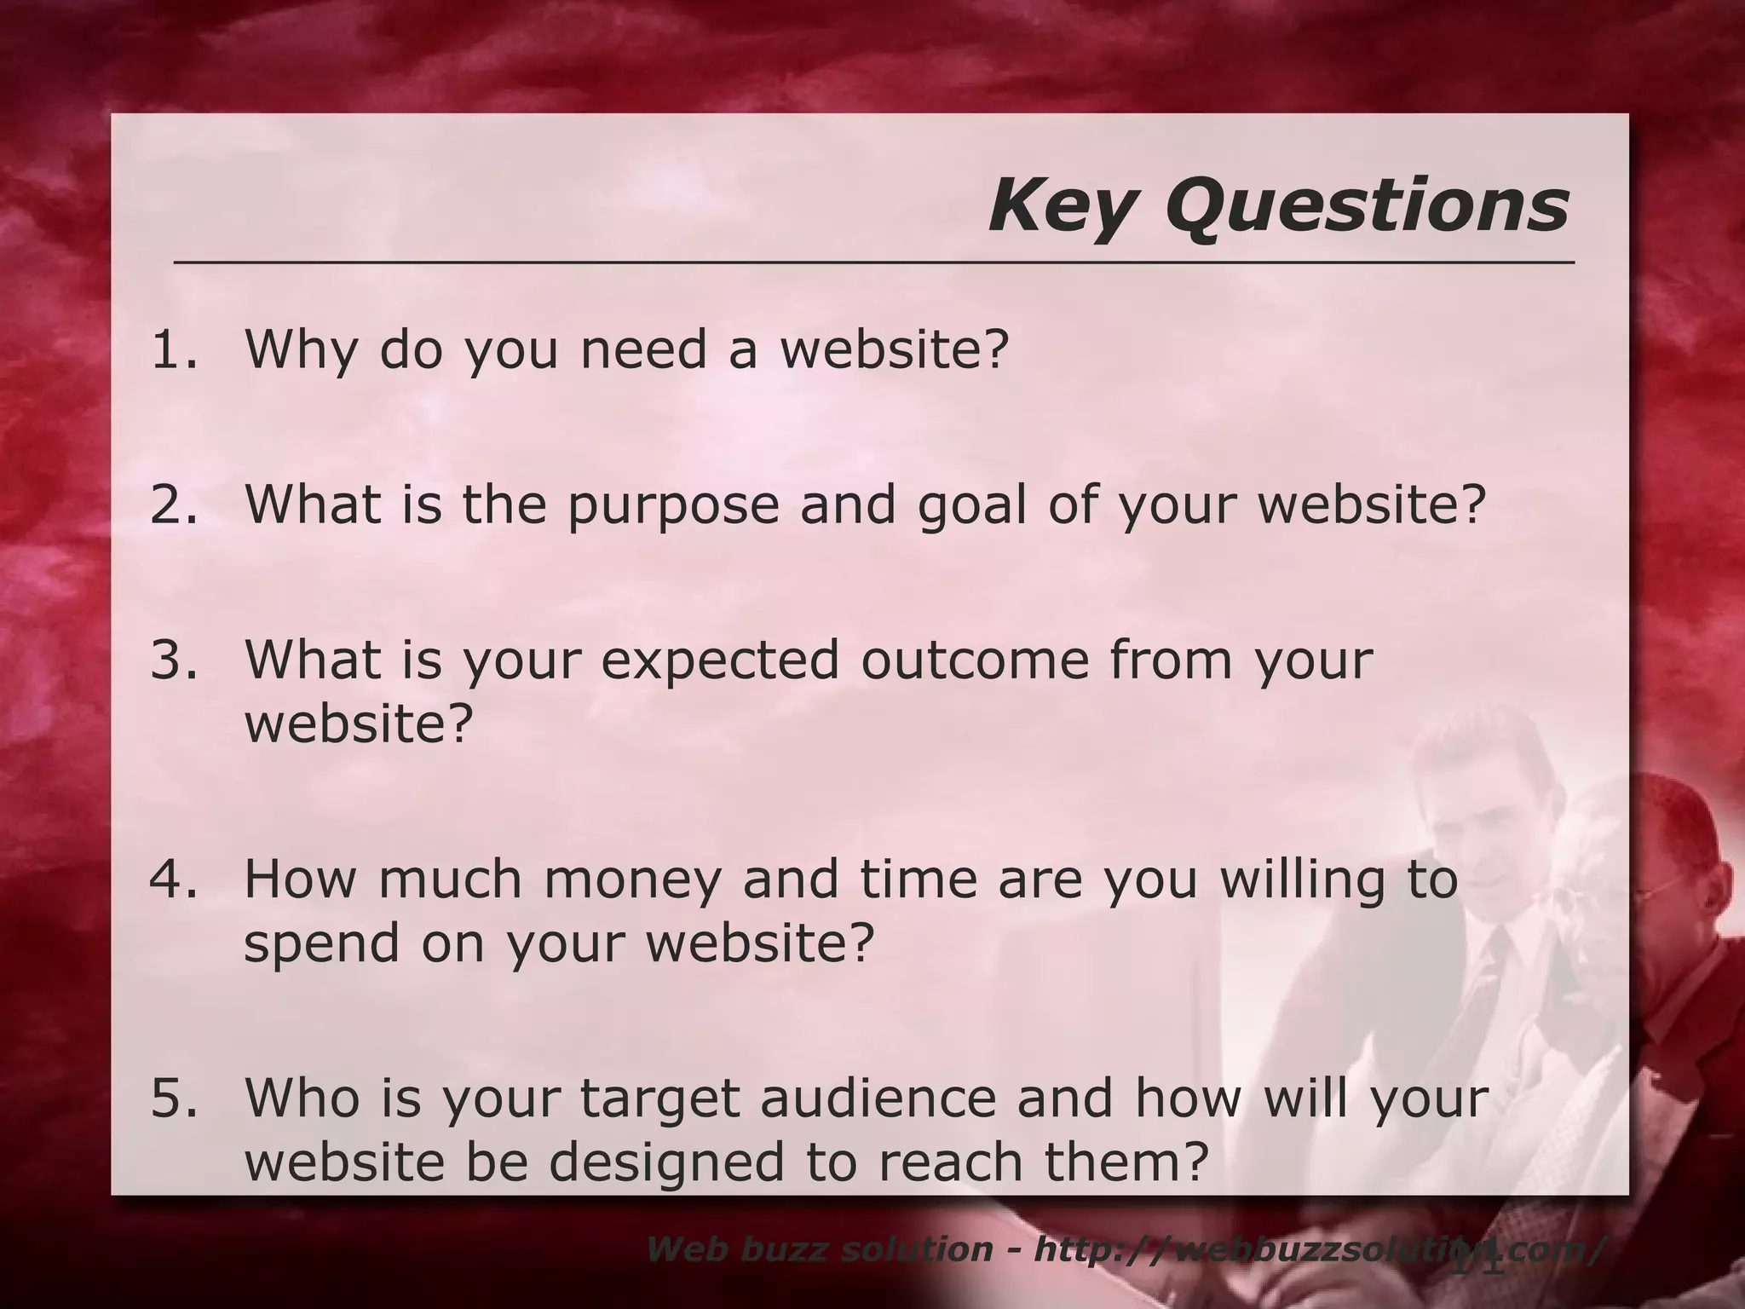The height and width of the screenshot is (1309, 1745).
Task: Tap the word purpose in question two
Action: point(672,506)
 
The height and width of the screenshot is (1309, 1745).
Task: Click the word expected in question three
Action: point(720,661)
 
